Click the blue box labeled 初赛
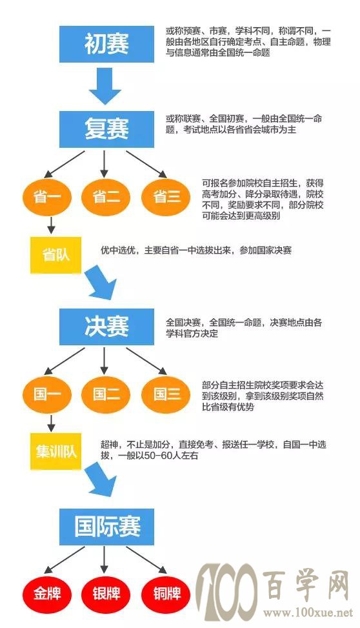(106, 44)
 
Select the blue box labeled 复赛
(106, 129)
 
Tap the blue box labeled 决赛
(106, 327)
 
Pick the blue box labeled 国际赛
(106, 527)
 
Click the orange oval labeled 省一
(47, 197)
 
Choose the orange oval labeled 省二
(106, 197)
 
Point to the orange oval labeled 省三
(166, 197)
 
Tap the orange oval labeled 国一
(47, 394)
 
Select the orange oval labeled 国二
(106, 394)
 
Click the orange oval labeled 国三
(166, 394)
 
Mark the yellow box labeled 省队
(55, 255)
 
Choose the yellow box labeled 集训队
(55, 451)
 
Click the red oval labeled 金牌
(47, 593)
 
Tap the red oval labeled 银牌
(106, 593)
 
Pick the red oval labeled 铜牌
(166, 593)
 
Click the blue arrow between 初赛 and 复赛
(105, 86)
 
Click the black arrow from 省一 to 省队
(51, 225)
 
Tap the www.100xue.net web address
(308, 613)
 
